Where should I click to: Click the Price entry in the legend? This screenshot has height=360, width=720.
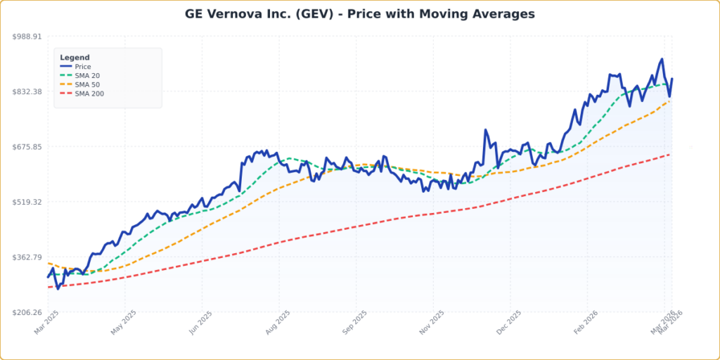(x=83, y=67)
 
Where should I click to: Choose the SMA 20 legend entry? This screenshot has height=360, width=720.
(x=87, y=75)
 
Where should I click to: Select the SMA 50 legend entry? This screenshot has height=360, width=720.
(x=87, y=84)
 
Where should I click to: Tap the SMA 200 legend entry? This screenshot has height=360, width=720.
(x=89, y=94)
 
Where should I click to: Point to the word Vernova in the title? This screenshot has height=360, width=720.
(x=236, y=14)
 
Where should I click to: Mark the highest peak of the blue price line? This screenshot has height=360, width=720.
(x=662, y=59)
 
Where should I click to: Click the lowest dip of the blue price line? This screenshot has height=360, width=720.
(x=58, y=288)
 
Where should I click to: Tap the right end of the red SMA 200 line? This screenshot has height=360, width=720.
(x=669, y=155)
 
